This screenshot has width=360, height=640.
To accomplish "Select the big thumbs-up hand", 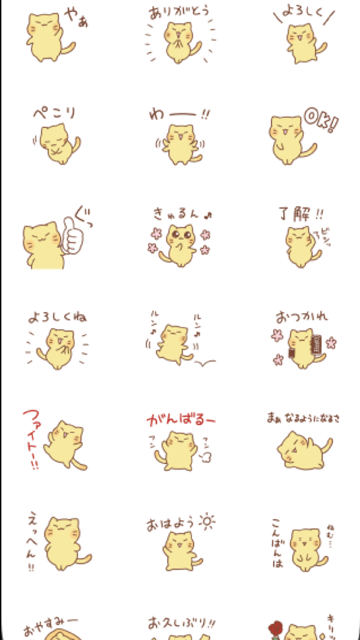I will pyautogui.click(x=72, y=236).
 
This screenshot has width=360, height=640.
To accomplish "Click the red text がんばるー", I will pyautogui.click(x=180, y=421).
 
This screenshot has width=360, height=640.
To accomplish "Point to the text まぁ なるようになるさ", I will pyautogui.click(x=303, y=418).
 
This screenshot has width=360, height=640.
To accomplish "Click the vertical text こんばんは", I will pyautogui.click(x=276, y=544).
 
